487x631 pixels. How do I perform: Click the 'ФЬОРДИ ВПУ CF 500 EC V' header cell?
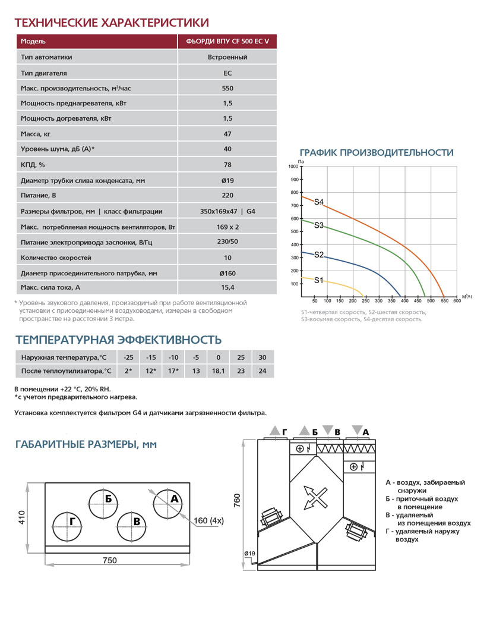tap(227, 42)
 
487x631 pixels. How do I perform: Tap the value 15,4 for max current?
tap(227, 288)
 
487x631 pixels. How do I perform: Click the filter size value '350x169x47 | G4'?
tap(227, 211)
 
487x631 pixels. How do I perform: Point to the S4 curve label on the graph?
tap(319, 202)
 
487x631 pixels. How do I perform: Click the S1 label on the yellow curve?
tap(319, 280)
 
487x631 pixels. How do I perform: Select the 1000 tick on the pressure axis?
tap(293, 167)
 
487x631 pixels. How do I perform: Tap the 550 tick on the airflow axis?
tap(443, 301)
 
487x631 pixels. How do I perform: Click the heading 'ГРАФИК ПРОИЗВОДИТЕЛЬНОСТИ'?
tap(377, 153)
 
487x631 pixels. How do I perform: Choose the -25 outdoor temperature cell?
tap(128, 357)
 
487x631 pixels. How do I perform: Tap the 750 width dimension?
tap(109, 560)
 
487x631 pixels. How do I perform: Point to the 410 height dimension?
tap(22, 517)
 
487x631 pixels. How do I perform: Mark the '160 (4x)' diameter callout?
tap(208, 521)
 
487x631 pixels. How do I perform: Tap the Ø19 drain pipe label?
tap(249, 554)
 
